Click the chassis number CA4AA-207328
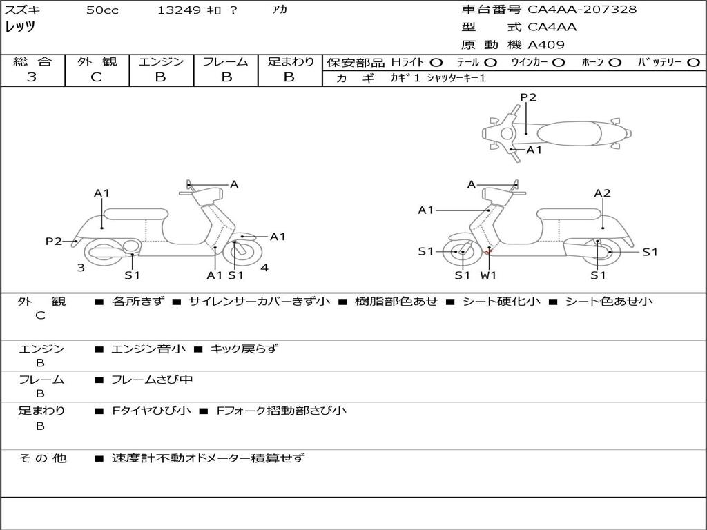coord(581,10)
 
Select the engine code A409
coord(546,45)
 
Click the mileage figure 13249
coord(179,10)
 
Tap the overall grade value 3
coord(32,77)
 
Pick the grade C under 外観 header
coord(96,77)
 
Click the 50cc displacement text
coord(102,10)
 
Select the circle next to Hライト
coord(436,63)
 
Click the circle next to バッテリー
coord(693,63)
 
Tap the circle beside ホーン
coord(614,63)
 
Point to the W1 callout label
coord(488,275)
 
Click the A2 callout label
coord(602,193)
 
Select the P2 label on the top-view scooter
coord(528,97)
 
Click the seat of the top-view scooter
coord(569,133)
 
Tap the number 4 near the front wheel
coord(264,268)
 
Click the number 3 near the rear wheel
coord(81,268)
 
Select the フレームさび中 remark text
coord(152,380)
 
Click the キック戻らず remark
coord(244,349)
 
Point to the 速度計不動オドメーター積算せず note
coord(208,458)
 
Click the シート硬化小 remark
coord(501,302)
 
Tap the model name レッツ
coord(20,27)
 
